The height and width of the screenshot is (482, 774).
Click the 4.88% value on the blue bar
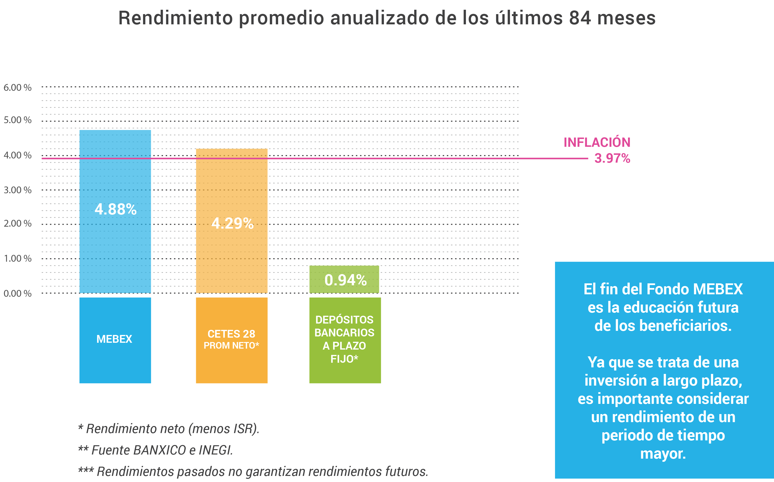coord(115,209)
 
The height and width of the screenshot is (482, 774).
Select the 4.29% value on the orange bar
coord(232,223)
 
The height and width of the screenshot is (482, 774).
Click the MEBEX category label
coord(114,339)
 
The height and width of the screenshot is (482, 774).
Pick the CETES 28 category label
coord(231,334)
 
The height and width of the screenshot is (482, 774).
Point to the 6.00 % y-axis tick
coord(18,88)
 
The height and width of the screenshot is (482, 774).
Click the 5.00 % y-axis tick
coord(18,120)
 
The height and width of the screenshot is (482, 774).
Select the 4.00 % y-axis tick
coord(18,156)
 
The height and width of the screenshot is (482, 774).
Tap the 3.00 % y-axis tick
coord(18,190)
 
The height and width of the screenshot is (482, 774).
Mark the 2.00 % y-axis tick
coord(18,223)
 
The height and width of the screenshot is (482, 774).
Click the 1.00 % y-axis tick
coord(18,259)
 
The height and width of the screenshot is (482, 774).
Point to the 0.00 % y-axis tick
coord(18,294)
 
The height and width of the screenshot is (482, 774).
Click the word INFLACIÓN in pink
coord(597,142)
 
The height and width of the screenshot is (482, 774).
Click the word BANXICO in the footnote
coord(159,450)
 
